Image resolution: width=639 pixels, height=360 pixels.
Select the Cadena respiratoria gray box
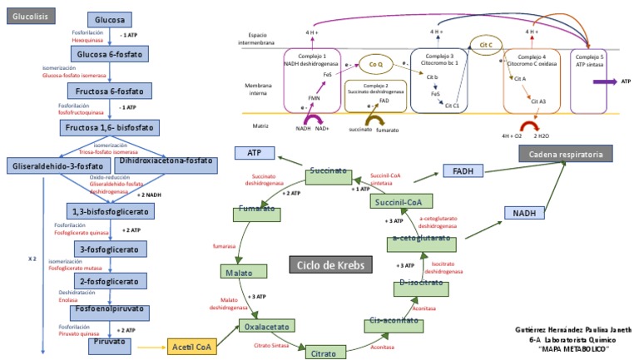pyautogui.click(x=566, y=153)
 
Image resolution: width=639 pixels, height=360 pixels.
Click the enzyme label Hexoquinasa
pyautogui.click(x=88, y=39)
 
